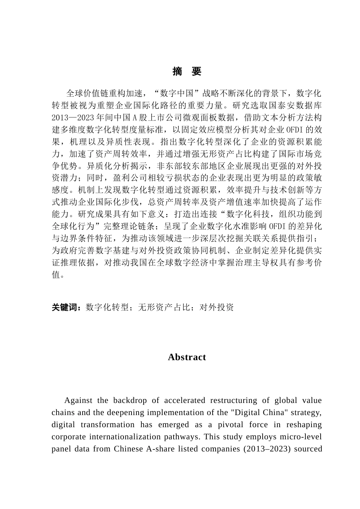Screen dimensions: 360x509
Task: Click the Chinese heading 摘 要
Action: click(x=187, y=72)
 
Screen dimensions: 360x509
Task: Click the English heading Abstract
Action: click(x=187, y=357)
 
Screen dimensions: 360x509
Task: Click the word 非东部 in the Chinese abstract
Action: click(x=169, y=166)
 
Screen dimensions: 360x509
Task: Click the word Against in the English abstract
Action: click(x=77, y=401)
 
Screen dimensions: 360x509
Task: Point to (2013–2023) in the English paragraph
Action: click(x=269, y=449)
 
